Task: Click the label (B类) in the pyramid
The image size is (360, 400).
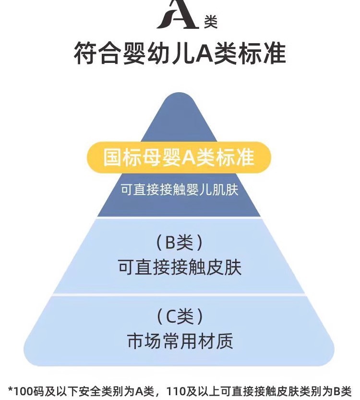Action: [180, 243]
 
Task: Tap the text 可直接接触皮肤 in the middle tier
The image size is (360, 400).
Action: [180, 267]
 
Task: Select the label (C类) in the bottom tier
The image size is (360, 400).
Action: [180, 317]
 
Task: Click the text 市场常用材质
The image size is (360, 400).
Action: [180, 341]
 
